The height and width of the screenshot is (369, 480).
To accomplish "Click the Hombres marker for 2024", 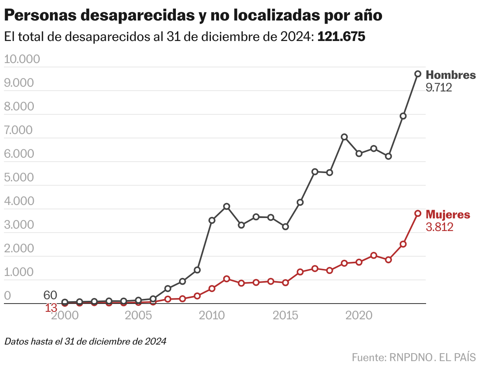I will pyautogui.click(x=418, y=74).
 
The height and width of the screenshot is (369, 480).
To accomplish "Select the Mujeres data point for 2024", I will pyautogui.click(x=418, y=213).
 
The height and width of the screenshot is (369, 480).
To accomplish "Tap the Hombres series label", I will pyautogui.click(x=451, y=75).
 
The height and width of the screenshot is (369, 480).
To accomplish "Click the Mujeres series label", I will pyautogui.click(x=448, y=214).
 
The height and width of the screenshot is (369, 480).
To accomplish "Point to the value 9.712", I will pyautogui.click(x=439, y=88).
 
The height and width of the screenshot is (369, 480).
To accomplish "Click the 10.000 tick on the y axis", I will pyautogui.click(x=22, y=60).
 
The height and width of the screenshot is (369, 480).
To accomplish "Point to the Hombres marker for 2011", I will pyautogui.click(x=227, y=206).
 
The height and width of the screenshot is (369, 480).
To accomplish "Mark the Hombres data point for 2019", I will pyautogui.click(x=344, y=137).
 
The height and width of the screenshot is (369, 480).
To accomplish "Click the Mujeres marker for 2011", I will pyautogui.click(x=227, y=279).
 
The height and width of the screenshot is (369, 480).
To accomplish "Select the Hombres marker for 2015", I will pyautogui.click(x=285, y=227).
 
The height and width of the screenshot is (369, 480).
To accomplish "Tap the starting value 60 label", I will pyautogui.click(x=50, y=295).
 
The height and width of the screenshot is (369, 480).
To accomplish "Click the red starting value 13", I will pyautogui.click(x=51, y=308).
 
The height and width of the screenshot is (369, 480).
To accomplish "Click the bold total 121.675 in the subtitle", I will pyautogui.click(x=341, y=37).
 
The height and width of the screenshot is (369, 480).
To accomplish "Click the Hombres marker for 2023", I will pyautogui.click(x=403, y=116).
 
